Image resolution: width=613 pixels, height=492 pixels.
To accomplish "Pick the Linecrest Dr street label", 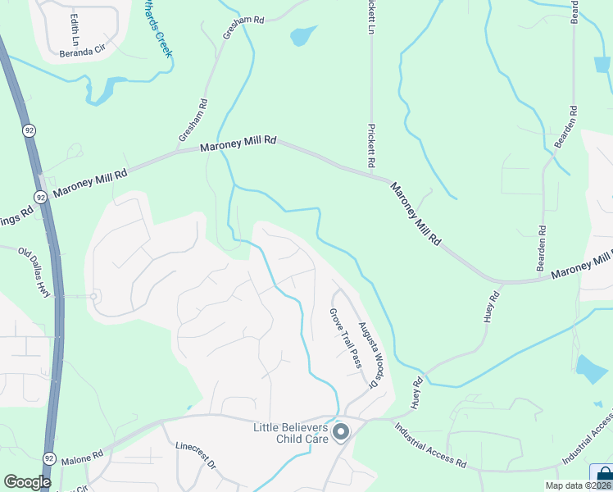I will (194, 457).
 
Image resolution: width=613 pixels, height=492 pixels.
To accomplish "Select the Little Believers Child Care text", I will (289, 432).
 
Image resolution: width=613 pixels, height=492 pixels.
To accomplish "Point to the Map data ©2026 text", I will (578, 485).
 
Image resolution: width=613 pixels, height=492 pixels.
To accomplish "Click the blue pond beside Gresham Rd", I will (302, 35).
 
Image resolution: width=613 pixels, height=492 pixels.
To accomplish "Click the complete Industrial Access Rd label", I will (430, 445).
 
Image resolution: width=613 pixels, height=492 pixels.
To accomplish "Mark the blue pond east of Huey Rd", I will (592, 370).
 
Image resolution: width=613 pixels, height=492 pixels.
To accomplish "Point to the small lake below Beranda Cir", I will (100, 92).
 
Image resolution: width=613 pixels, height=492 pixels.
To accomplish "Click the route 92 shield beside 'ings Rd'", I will (40, 197).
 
